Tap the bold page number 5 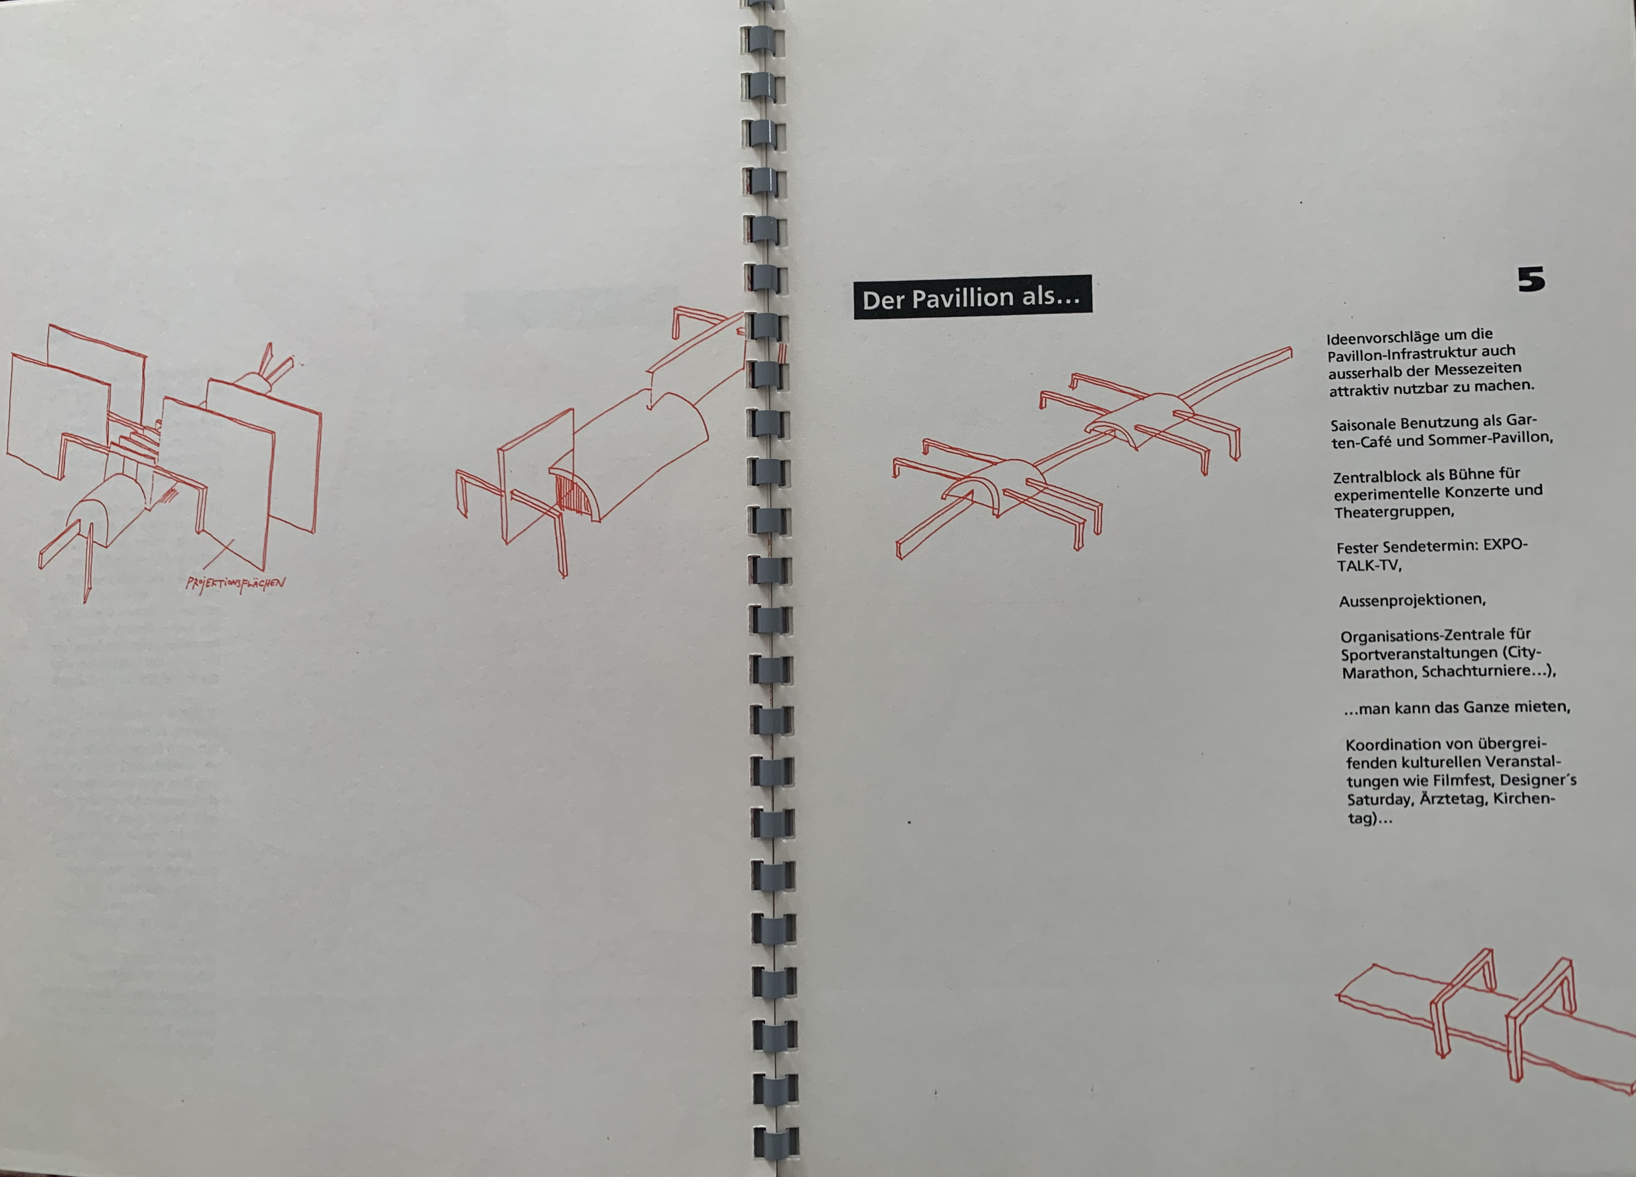[1531, 279]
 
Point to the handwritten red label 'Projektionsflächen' [235, 583]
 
